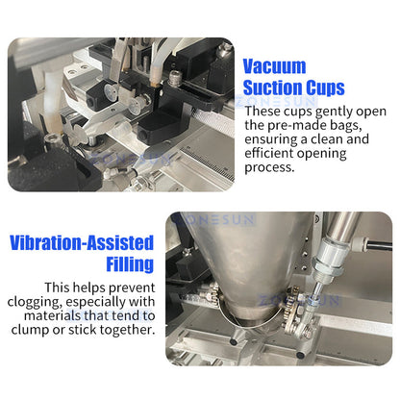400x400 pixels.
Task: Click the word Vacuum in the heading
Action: point(274,66)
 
